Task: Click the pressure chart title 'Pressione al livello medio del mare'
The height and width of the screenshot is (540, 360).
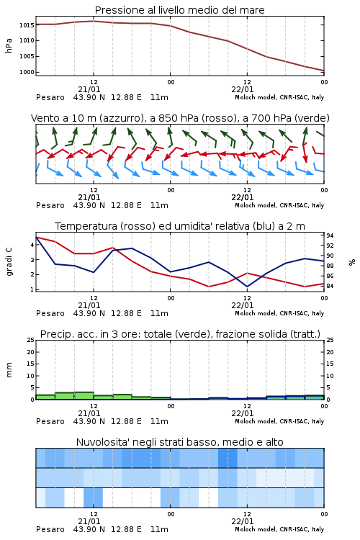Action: tap(180, 10)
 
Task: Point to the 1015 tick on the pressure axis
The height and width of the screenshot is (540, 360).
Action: tap(27, 25)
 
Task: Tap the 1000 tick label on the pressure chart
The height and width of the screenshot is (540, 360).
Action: tap(27, 72)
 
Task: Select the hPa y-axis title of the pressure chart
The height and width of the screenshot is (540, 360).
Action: tap(9, 45)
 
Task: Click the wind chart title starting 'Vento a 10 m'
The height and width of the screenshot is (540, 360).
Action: tap(180, 118)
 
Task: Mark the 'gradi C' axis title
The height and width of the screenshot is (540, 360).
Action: tap(9, 262)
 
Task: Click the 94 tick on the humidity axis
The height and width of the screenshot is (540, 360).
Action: tap(330, 235)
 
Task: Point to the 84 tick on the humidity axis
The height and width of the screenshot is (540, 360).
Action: tap(330, 286)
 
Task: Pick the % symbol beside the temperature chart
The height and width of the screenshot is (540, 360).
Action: tap(352, 262)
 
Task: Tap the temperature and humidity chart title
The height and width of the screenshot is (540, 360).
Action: tap(180, 226)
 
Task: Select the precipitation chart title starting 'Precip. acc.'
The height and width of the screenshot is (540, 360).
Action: tap(180, 334)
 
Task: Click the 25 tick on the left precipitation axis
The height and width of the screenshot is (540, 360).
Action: tap(31, 340)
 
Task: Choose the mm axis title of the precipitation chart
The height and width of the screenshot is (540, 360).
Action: tap(9, 370)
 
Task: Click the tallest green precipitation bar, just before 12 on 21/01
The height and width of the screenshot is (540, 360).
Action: tap(84, 396)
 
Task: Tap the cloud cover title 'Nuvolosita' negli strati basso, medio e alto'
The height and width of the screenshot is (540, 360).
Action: tap(180, 442)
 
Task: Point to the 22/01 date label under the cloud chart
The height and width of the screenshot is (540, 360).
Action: tap(243, 521)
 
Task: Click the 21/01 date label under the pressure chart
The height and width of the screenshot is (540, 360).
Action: tap(89, 89)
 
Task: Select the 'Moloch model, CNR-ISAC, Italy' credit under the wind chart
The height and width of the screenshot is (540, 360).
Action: tap(279, 205)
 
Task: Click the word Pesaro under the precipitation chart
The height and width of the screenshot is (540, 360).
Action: tap(50, 421)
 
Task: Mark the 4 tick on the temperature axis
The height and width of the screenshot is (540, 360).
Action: tap(32, 245)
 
